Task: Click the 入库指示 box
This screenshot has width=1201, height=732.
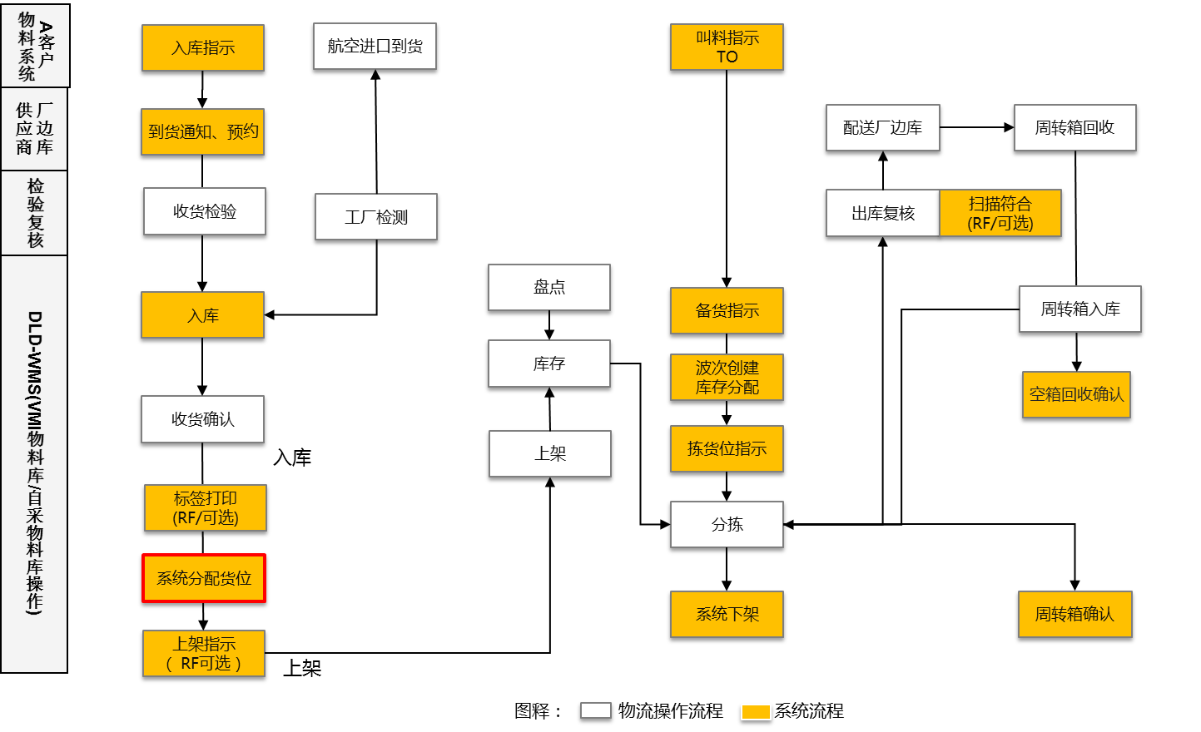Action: (x=203, y=47)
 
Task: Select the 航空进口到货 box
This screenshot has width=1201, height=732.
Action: (x=375, y=46)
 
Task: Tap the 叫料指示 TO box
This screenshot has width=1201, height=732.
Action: (x=727, y=47)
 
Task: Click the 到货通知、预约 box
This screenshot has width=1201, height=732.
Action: (x=202, y=131)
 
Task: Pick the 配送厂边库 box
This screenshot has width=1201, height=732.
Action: (x=882, y=127)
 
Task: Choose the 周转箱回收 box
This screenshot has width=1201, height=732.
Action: (x=1074, y=127)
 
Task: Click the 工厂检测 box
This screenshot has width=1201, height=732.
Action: (x=376, y=217)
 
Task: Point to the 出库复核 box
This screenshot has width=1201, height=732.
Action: (x=882, y=213)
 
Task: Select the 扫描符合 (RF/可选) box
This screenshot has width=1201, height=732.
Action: (x=1000, y=213)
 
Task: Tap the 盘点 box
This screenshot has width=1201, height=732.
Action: (x=549, y=287)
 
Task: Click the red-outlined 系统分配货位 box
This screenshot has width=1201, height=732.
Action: (x=204, y=578)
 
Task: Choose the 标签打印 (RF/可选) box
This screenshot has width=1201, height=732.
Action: (x=206, y=507)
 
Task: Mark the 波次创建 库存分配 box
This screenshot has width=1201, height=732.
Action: (x=727, y=377)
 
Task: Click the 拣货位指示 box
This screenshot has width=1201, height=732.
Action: (x=727, y=448)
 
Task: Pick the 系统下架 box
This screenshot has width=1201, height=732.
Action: (x=727, y=614)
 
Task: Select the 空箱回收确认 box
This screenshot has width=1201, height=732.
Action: (x=1076, y=394)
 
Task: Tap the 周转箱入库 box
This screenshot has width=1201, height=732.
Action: (x=1079, y=309)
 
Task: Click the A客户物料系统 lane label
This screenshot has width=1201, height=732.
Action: (x=35, y=45)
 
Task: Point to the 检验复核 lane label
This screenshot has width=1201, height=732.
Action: (x=35, y=213)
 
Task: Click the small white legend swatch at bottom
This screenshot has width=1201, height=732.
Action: (x=596, y=710)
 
